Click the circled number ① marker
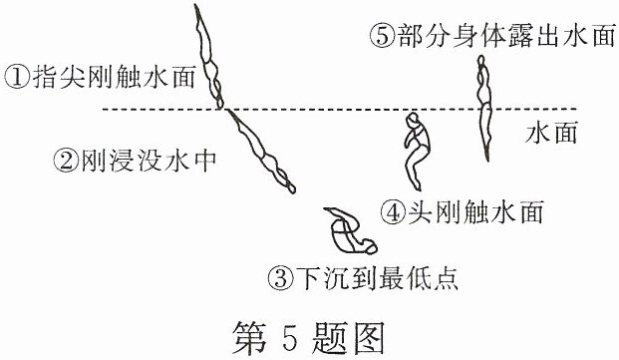(17, 78)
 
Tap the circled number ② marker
(66, 161)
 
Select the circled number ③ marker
(281, 277)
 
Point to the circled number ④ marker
(393, 212)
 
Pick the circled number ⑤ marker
(383, 35)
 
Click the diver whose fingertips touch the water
(209, 57)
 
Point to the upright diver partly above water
(485, 108)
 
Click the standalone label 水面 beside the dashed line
(551, 132)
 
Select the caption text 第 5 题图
(308, 337)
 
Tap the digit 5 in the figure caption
(289, 338)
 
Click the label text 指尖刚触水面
(114, 78)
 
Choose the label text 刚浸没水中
(149, 161)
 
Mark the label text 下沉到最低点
(377, 277)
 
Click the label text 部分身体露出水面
(506, 35)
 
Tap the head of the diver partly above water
(480, 61)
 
